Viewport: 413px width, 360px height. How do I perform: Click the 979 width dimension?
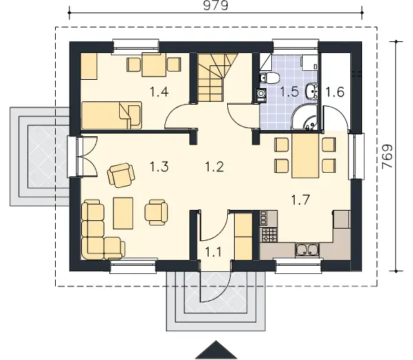215,6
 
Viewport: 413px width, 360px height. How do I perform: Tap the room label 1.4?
159,92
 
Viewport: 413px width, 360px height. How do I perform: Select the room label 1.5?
289,92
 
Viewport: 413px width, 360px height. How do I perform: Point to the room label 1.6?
335,92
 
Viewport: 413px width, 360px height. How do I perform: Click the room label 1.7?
300,200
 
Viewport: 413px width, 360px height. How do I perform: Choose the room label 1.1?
213,252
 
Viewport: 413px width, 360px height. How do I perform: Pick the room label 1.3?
159,167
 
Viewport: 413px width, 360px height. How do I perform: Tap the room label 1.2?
214,167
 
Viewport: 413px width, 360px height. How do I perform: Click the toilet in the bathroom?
269,78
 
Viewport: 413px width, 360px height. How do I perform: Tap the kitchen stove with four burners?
268,235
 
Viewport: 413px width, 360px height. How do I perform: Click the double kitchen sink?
307,250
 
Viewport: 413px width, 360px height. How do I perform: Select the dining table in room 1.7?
306,156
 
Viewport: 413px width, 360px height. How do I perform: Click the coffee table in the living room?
123,213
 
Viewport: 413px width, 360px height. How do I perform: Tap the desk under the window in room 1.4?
154,65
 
